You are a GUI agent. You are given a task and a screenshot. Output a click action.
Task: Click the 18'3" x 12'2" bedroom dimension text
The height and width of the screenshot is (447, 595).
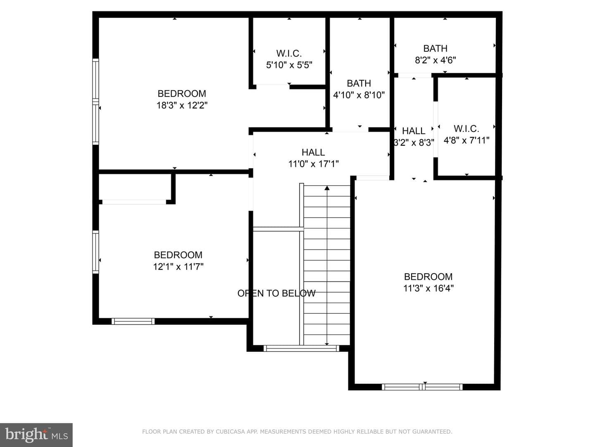pos(182,105)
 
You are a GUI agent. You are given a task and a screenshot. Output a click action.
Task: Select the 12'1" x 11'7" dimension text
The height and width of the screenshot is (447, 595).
pos(178,267)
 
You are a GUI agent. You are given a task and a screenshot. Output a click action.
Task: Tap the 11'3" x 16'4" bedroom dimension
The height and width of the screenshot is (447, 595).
pos(428,288)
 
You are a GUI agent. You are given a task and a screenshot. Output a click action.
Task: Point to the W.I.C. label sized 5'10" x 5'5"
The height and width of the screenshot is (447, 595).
pos(289,53)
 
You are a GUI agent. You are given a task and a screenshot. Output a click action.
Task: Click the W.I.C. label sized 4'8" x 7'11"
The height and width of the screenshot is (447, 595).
pos(466,129)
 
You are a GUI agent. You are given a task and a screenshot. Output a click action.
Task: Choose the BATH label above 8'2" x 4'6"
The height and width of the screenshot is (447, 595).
pos(436,48)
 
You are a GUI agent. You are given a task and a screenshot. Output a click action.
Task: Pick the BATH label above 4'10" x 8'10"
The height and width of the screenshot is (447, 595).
pos(359,83)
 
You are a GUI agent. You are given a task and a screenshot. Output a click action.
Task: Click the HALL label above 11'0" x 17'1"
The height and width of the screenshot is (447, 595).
pos(313,152)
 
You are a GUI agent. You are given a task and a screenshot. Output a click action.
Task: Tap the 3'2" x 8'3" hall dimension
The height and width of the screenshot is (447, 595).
pos(414,142)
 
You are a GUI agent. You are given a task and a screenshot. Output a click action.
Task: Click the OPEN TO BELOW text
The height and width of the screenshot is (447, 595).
pos(276,293)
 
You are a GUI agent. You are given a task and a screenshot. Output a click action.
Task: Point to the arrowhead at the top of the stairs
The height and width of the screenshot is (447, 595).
pos(327,188)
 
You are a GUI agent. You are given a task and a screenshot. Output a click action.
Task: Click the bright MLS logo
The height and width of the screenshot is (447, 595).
pos(36,435)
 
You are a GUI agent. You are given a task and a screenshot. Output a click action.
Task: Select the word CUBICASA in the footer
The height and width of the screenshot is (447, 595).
pos(230,432)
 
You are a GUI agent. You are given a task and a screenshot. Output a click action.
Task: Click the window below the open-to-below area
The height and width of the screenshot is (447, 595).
pos(301,348)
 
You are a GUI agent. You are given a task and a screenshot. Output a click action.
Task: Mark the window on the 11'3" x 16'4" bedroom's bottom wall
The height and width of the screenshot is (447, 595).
pos(422,387)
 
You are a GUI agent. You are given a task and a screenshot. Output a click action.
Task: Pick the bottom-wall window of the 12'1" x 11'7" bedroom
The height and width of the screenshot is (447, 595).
pos(133,321)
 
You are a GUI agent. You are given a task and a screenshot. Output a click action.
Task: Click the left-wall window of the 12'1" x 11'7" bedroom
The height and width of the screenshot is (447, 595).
pos(96,252)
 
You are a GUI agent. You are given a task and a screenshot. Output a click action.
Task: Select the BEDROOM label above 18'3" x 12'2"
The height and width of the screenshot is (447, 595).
pos(182,94)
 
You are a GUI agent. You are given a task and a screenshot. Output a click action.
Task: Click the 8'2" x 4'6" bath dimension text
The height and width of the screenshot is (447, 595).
pos(436,60)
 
